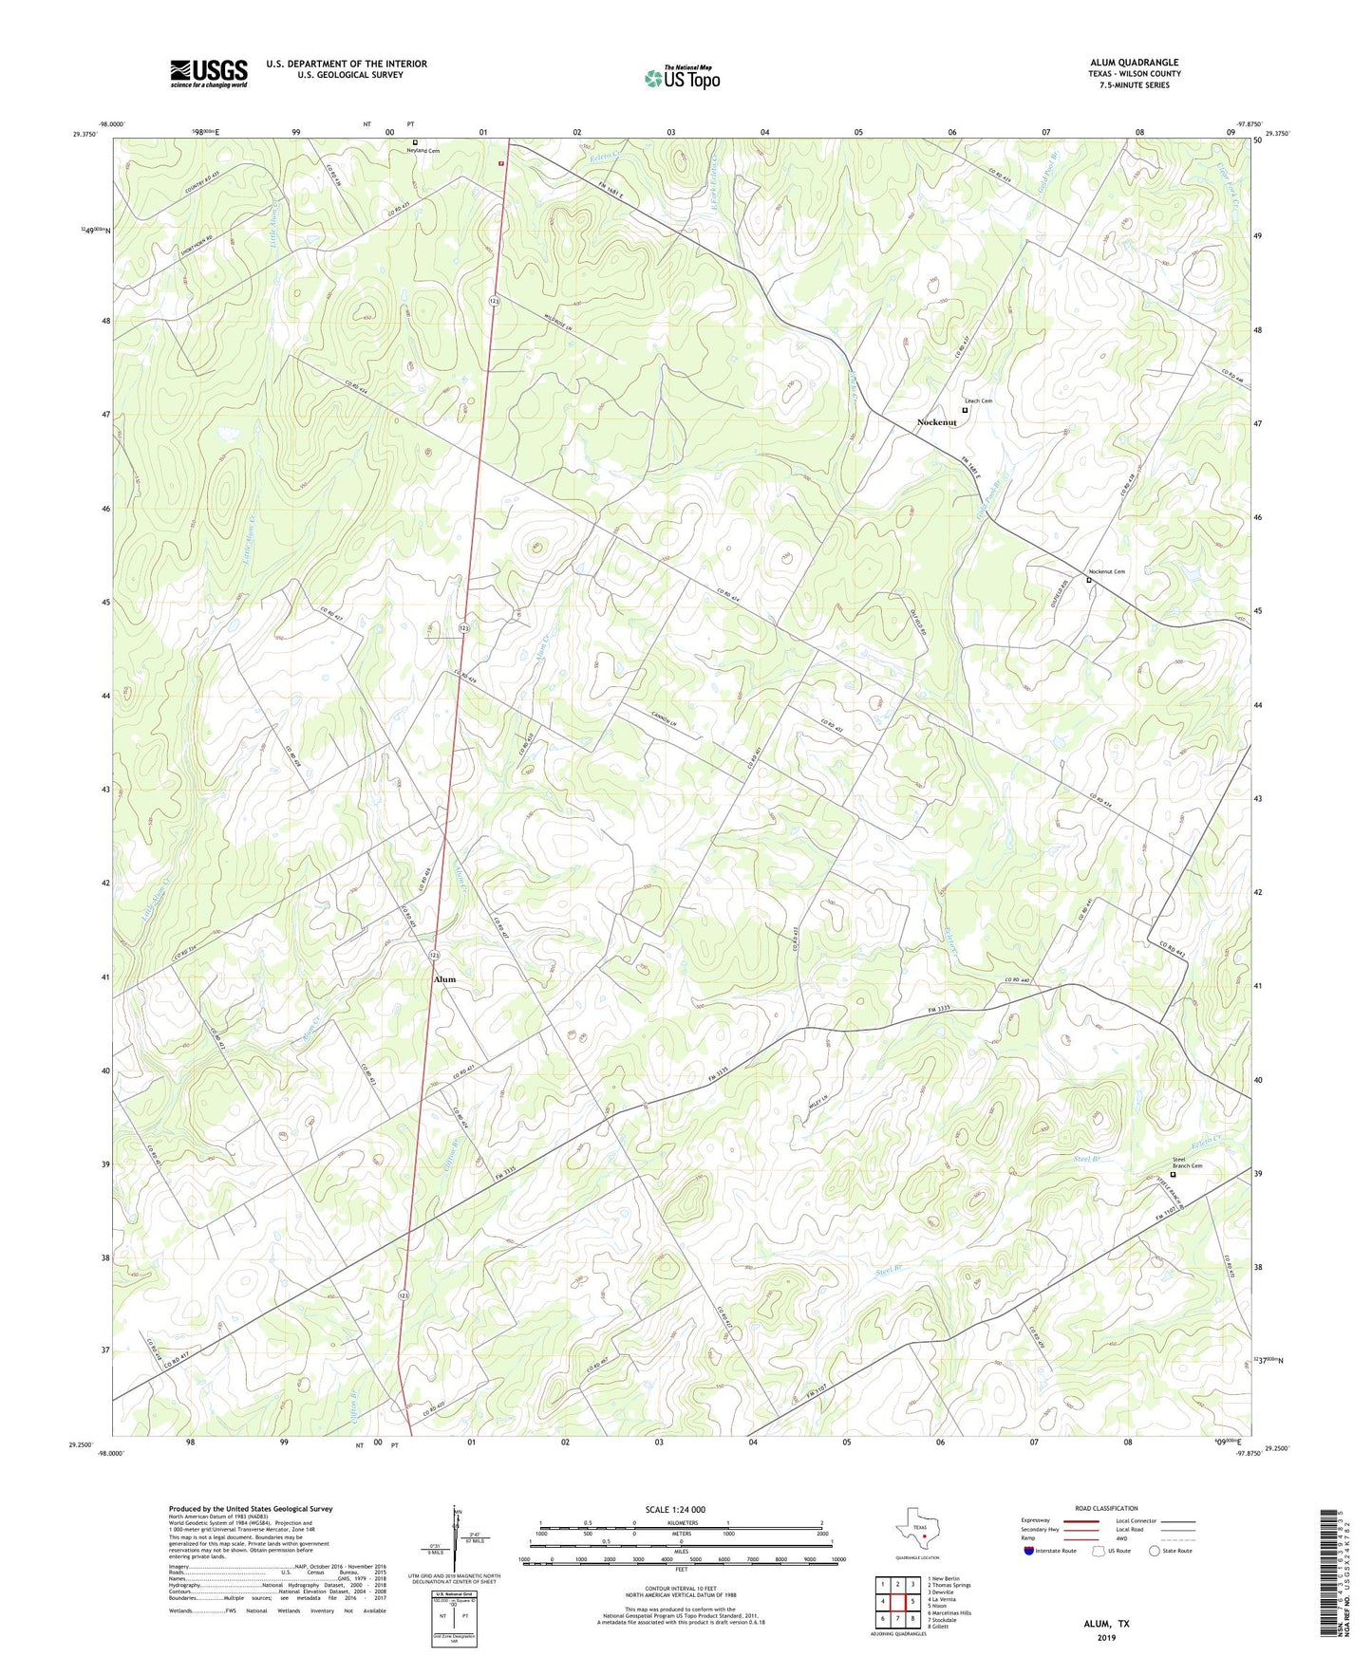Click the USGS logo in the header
click(208, 73)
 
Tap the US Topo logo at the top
click(682, 78)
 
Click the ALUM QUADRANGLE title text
click(1134, 63)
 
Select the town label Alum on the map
click(444, 978)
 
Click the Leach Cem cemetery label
click(978, 401)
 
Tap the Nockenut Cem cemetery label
click(1106, 571)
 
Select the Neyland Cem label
click(423, 151)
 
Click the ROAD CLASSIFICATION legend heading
click(1105, 1508)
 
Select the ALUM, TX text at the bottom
click(1106, 1624)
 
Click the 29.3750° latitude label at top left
click(84, 134)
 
